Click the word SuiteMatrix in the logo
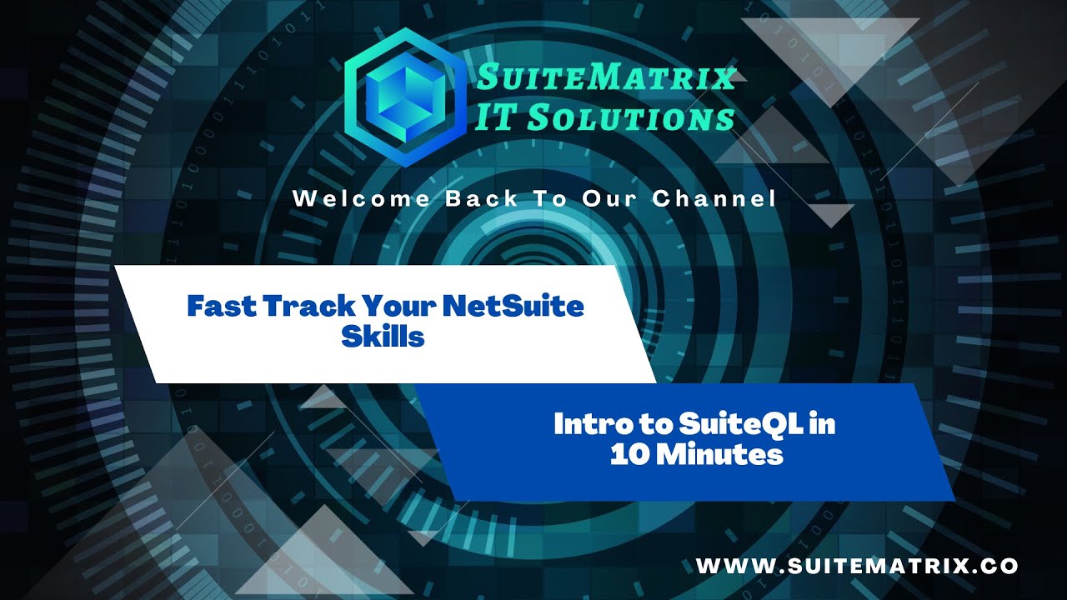point(605,78)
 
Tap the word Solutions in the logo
point(630,118)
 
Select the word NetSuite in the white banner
point(513,306)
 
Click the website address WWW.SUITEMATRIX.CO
point(857,566)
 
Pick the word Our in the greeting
point(617,199)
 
